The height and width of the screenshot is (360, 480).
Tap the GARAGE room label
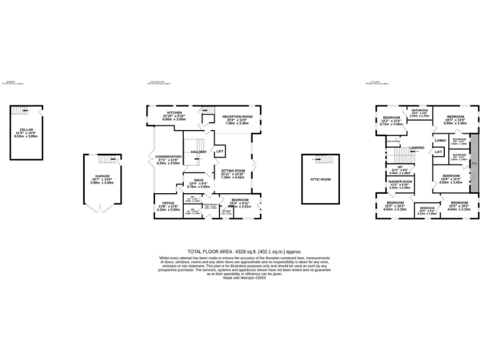[103, 176]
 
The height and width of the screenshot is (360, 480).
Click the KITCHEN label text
[156, 113]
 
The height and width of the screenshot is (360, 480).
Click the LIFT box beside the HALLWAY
[219, 152]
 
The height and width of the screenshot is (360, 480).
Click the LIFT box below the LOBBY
[439, 152]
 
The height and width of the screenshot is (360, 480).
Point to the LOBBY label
[439, 141]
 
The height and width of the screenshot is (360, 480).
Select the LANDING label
[417, 147]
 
